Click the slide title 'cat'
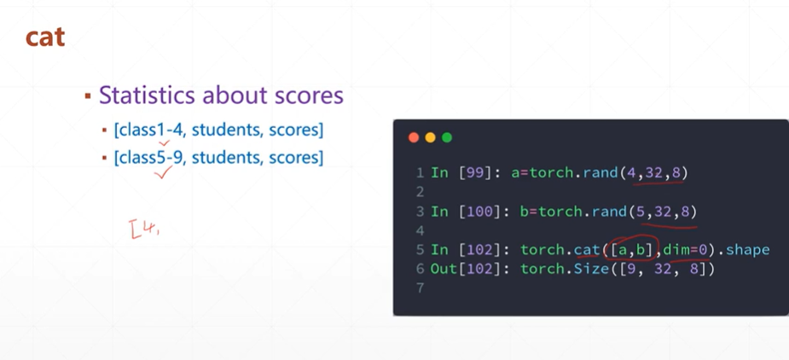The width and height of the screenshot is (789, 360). click(x=45, y=38)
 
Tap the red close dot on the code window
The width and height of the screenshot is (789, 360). click(x=414, y=137)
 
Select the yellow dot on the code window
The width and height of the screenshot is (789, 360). click(x=430, y=137)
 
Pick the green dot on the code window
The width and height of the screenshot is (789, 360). click(x=447, y=137)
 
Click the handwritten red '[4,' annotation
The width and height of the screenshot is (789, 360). click(x=145, y=228)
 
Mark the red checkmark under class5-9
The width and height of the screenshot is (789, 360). click(x=163, y=172)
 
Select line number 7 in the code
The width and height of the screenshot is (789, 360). click(x=421, y=288)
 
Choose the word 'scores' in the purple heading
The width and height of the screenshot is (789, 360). click(x=308, y=95)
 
